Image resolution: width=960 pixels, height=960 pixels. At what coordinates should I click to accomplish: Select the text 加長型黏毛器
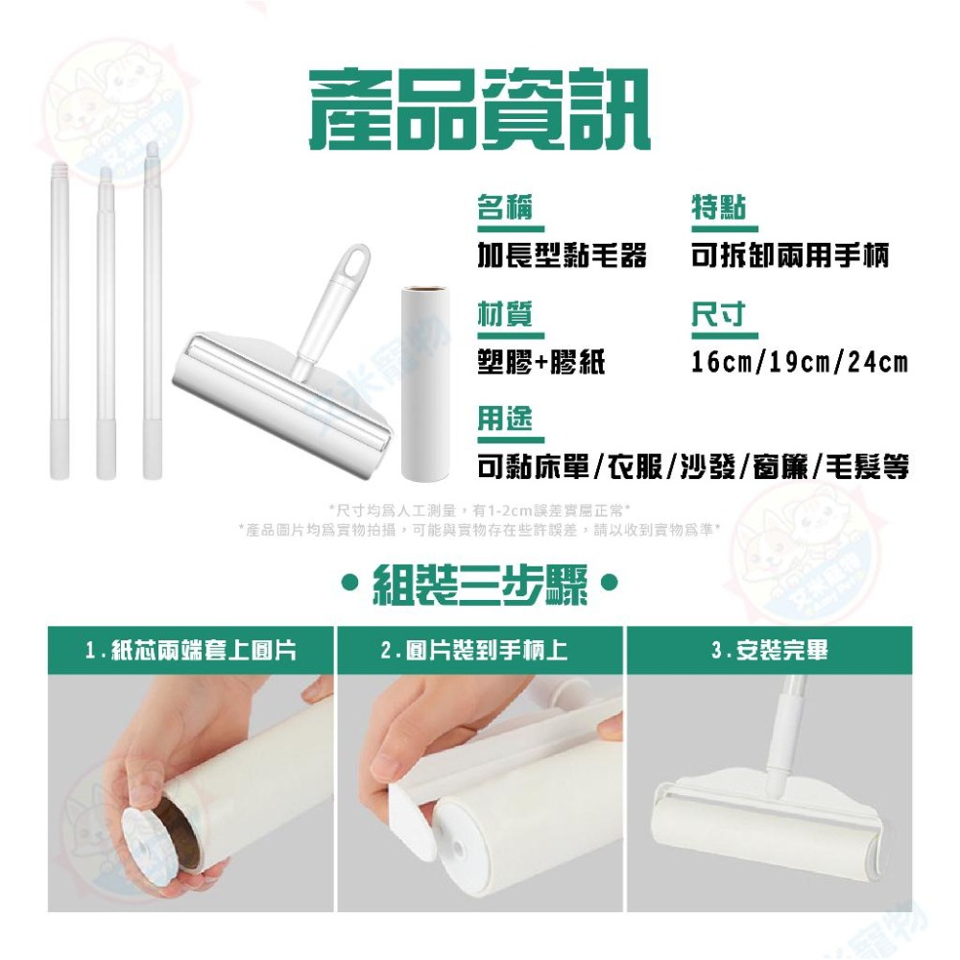point(562,255)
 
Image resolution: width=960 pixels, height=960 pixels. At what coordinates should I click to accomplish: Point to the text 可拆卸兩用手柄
point(790,255)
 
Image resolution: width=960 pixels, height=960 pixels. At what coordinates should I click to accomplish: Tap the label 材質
point(505,315)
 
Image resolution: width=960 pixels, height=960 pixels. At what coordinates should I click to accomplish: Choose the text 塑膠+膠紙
point(541,363)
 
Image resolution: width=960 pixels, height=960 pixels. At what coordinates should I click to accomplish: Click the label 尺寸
point(719,315)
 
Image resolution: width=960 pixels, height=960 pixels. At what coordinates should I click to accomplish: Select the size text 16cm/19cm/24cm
point(799,363)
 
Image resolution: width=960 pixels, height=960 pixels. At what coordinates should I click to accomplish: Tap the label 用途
point(505,420)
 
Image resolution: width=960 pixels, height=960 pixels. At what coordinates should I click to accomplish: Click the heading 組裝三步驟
point(480,583)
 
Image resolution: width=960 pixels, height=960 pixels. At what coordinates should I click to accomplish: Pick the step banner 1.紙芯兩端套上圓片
point(191,651)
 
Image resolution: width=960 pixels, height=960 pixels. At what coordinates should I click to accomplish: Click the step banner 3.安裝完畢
point(769,651)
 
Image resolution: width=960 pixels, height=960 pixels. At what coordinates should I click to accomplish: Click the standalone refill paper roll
point(422,379)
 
